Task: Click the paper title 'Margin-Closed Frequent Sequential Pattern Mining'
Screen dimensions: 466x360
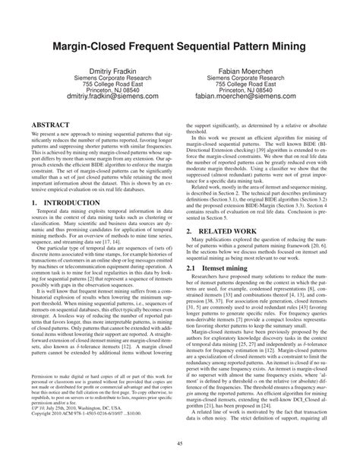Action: (180, 46)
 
